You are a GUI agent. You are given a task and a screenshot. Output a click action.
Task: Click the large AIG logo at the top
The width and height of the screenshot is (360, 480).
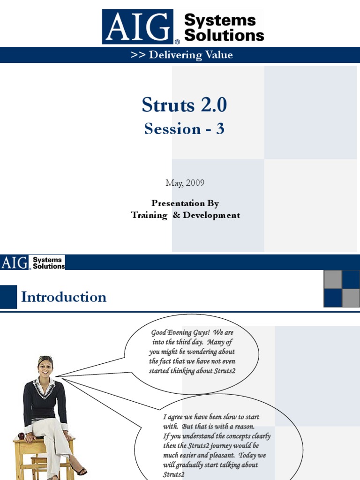[x=138, y=27]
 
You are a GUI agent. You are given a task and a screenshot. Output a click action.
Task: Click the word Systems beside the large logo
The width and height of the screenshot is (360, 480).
[x=220, y=21]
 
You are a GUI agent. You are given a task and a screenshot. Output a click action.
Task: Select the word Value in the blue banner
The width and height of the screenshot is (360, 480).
[x=219, y=55]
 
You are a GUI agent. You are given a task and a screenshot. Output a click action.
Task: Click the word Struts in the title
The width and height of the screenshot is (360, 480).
[x=168, y=105]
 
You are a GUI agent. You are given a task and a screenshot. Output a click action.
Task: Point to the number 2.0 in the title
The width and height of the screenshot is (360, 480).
[x=214, y=105]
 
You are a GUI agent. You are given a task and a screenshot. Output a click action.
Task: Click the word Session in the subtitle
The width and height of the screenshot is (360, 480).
[x=172, y=128]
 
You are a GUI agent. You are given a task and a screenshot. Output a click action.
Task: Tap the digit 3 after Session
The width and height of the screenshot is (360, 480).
[x=220, y=128]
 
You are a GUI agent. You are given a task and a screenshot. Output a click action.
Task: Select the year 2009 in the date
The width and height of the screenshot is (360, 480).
[x=195, y=183]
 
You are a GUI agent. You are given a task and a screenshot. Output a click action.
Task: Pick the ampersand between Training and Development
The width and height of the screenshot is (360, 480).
[x=176, y=215]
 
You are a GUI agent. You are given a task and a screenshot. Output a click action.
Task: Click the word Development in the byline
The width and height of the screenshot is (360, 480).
[x=211, y=215]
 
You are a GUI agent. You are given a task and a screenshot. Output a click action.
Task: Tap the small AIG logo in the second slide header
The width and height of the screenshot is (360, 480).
[x=15, y=262]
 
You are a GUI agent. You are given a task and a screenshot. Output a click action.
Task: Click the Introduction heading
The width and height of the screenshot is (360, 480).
[x=64, y=297]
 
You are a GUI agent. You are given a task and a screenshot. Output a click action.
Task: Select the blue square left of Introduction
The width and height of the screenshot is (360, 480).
[x=8, y=297]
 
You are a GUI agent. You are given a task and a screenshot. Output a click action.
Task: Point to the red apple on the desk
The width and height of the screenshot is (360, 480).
[x=21, y=436]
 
